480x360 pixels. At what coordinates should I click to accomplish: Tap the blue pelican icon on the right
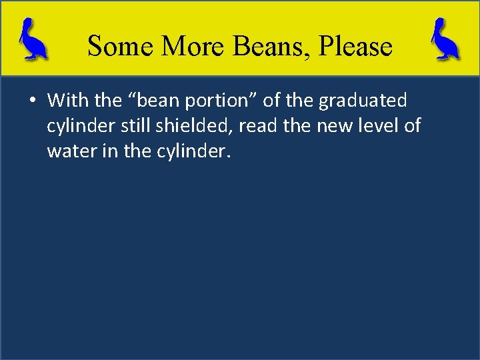445,39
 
